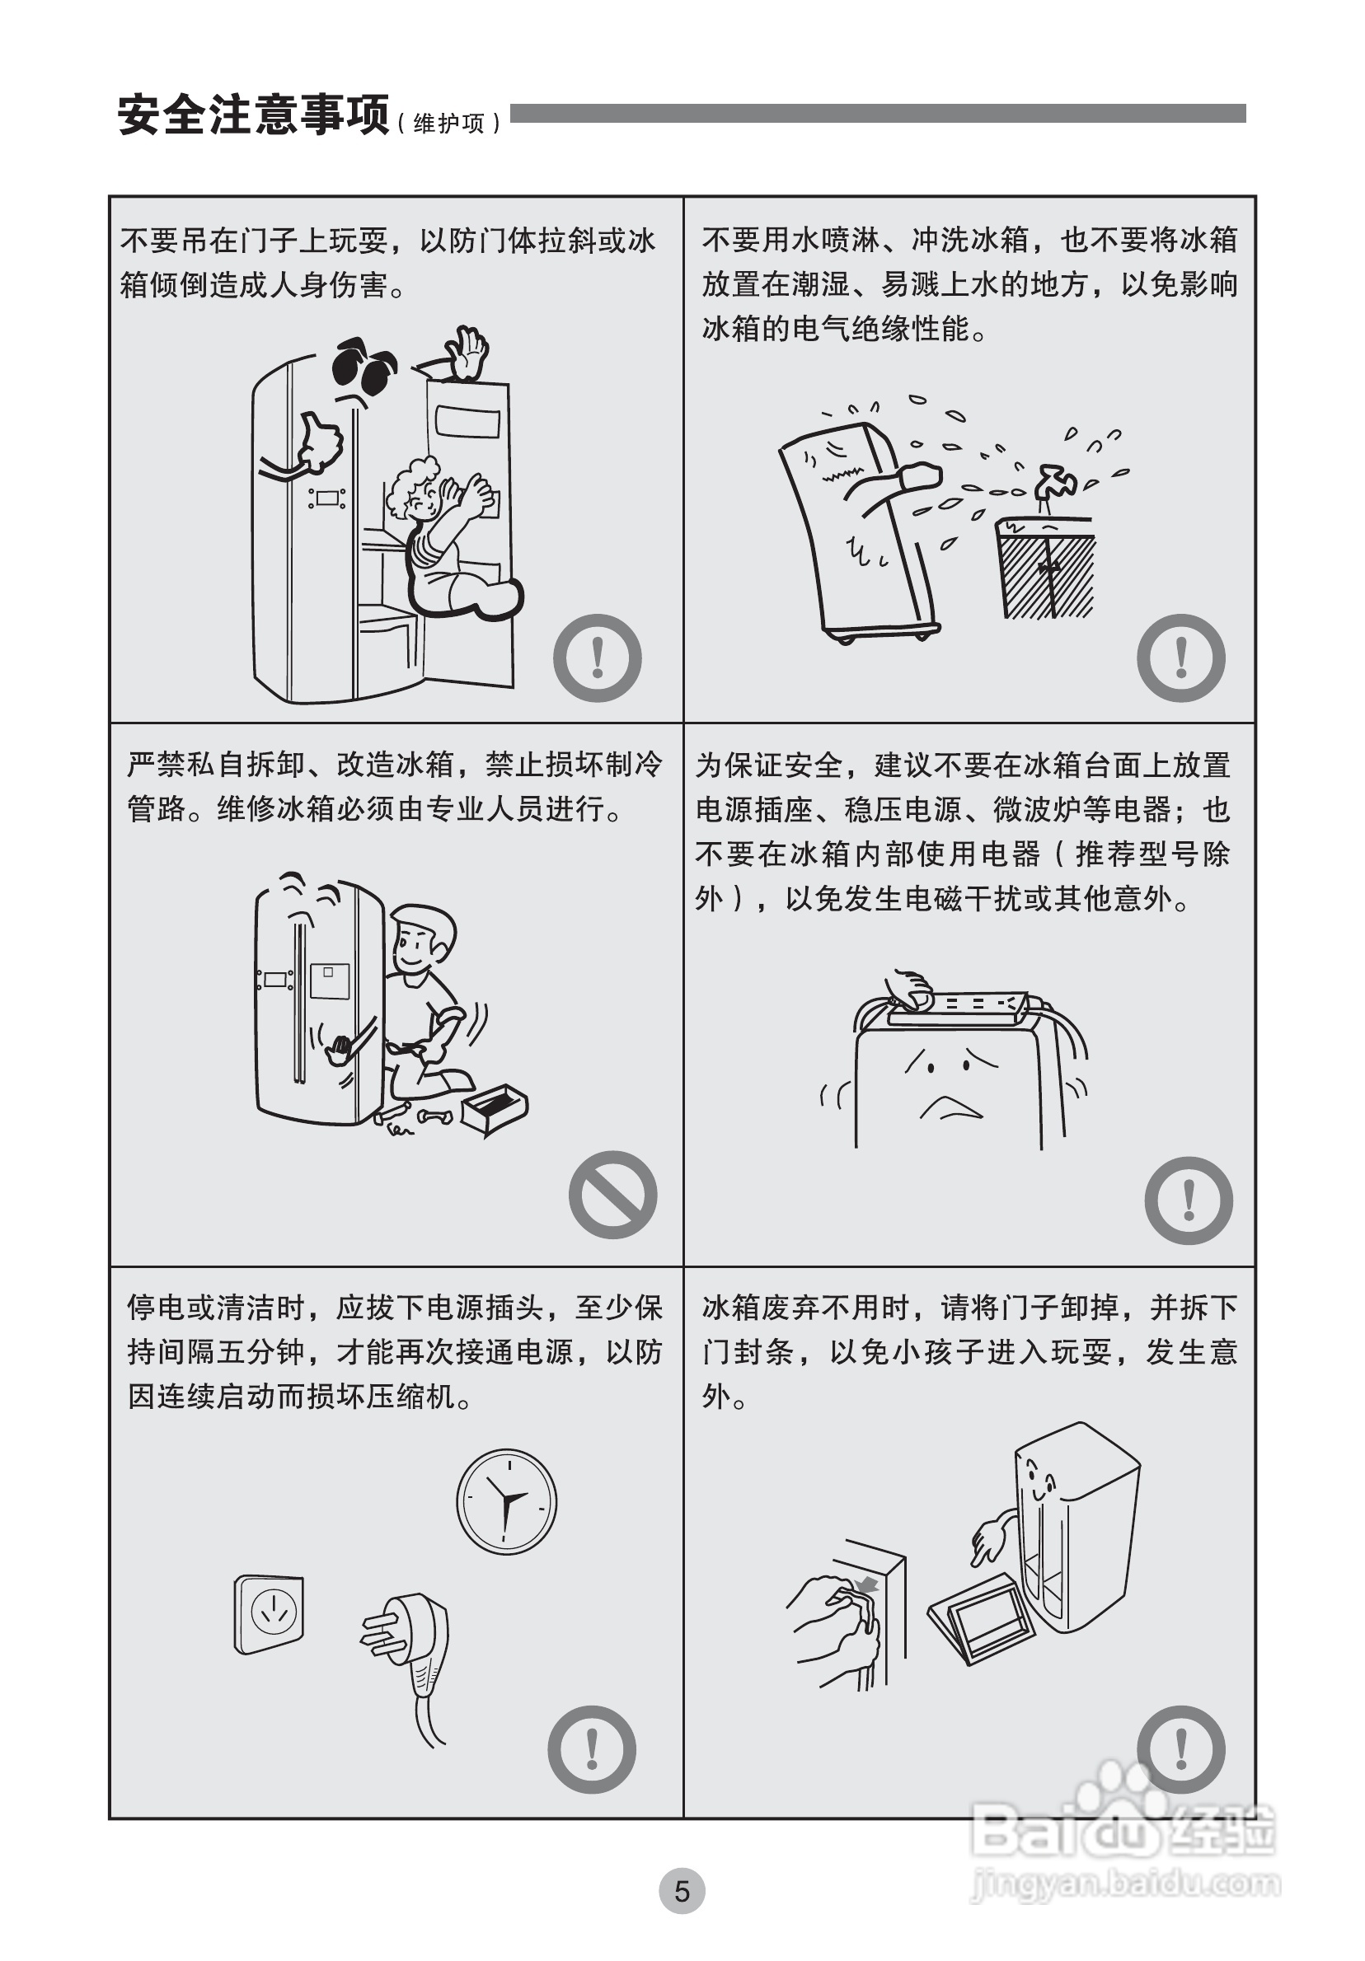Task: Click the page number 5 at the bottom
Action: coord(682,1891)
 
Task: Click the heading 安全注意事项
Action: coord(254,115)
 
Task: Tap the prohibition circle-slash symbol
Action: coord(612,1195)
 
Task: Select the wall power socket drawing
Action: coord(269,1614)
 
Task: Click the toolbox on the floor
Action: coord(494,1108)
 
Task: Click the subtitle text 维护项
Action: coord(449,123)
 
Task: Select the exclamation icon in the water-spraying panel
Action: coord(1181,658)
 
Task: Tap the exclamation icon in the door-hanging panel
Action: coord(597,658)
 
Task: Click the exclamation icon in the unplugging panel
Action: coord(592,1749)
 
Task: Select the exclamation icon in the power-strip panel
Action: coord(1188,1200)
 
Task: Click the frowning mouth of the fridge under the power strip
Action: coord(950,1106)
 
